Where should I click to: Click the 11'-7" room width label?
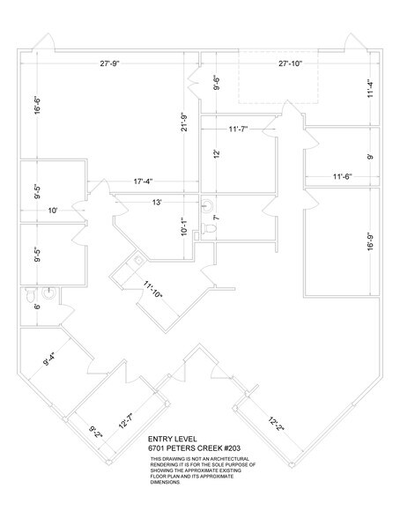[237, 130]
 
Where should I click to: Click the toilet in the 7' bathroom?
[209, 229]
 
